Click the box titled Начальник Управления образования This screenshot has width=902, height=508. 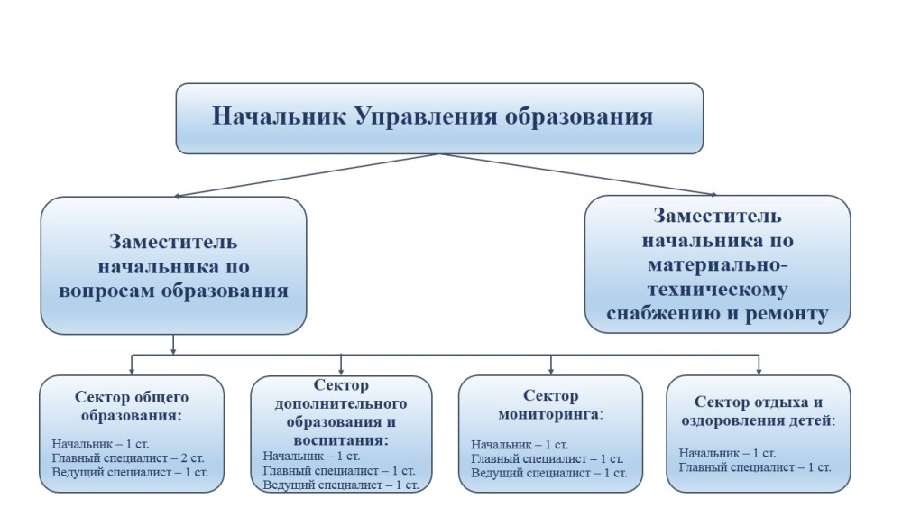tap(439, 117)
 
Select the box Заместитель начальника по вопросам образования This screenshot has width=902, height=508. tap(173, 265)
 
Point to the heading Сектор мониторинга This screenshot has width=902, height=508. tap(550, 405)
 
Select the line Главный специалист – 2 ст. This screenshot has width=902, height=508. tap(130, 458)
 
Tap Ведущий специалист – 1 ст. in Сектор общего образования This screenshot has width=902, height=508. tap(130, 472)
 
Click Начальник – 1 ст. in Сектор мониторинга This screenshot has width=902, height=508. tap(520, 445)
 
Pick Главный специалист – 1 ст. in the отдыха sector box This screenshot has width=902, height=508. tap(754, 466)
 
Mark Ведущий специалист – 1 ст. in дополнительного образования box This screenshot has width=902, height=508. tap(341, 485)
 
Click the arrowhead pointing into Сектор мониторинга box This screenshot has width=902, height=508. tap(551, 370)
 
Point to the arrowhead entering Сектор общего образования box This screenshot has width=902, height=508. tap(133, 370)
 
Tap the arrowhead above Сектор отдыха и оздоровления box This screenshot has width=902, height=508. tap(759, 370)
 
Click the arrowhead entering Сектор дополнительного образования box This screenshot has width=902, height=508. tap(341, 370)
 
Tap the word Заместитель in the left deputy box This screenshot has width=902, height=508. tap(173, 242)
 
